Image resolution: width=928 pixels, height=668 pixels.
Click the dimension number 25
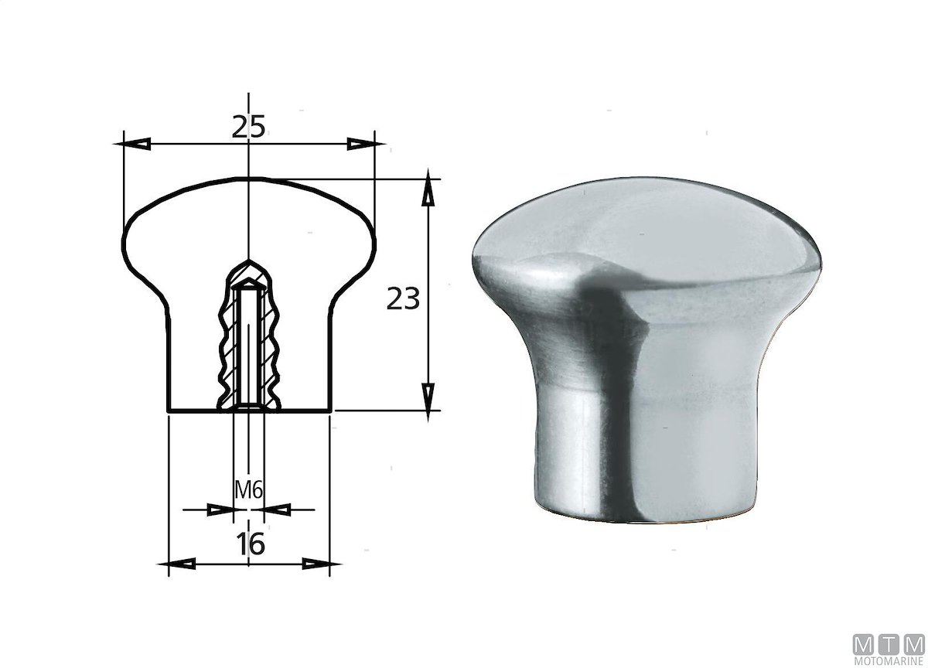click(x=248, y=127)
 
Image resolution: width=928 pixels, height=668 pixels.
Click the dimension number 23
click(x=403, y=298)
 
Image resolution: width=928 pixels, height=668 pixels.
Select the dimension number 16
click(x=251, y=544)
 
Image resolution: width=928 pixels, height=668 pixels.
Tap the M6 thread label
click(x=248, y=491)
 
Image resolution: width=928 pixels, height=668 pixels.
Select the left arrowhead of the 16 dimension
click(x=177, y=564)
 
